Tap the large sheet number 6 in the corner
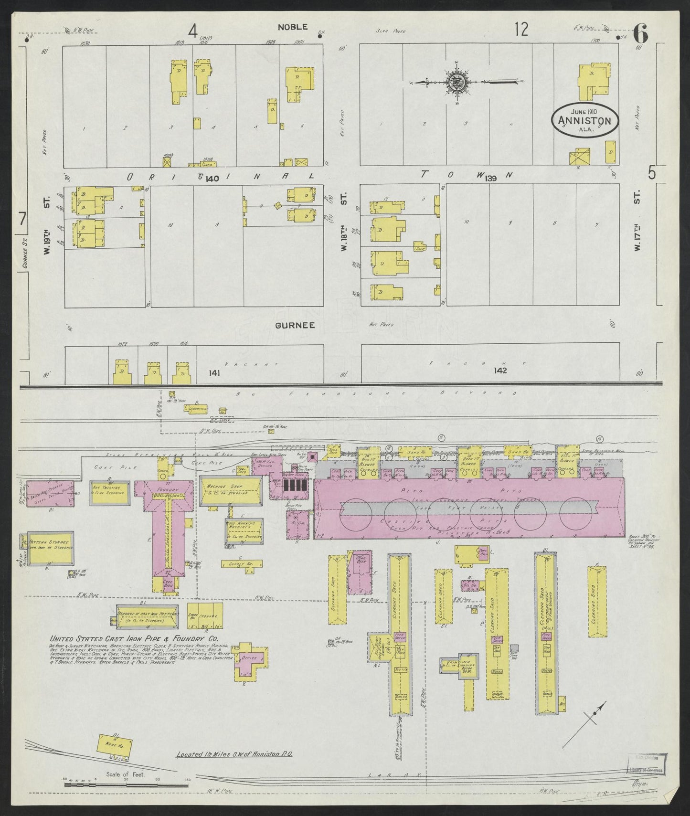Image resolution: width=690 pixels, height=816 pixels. point(640,34)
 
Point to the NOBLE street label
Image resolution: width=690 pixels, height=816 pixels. point(293,27)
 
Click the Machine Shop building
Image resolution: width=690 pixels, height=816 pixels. point(231,490)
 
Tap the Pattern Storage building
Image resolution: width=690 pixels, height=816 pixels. point(50,546)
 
